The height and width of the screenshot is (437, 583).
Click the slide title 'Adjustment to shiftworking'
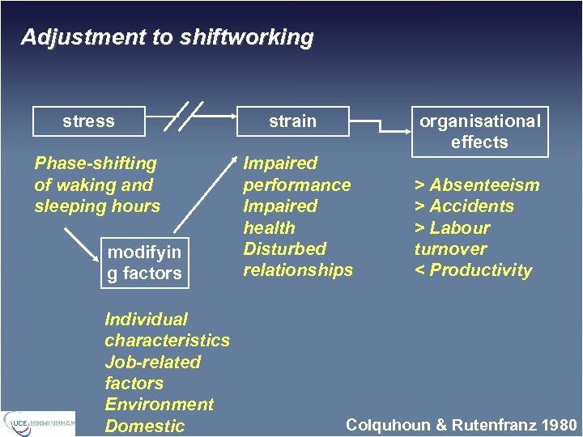pos(167,37)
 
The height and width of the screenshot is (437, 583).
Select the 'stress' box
pos(88,121)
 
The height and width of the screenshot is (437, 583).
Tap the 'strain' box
pos(292,121)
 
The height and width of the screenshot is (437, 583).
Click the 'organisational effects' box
pos(479,131)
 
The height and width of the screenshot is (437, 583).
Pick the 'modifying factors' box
pos(144,263)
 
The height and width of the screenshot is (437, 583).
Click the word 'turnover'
pos(450,249)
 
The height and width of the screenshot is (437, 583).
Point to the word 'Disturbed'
pos(284,248)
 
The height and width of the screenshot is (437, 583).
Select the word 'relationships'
pos(298,270)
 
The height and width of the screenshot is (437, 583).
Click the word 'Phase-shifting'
pos(96,163)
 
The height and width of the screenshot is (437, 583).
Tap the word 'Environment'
pos(159,405)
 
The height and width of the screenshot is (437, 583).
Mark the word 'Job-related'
pos(152,362)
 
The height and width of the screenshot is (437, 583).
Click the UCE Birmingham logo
pos(39,422)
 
